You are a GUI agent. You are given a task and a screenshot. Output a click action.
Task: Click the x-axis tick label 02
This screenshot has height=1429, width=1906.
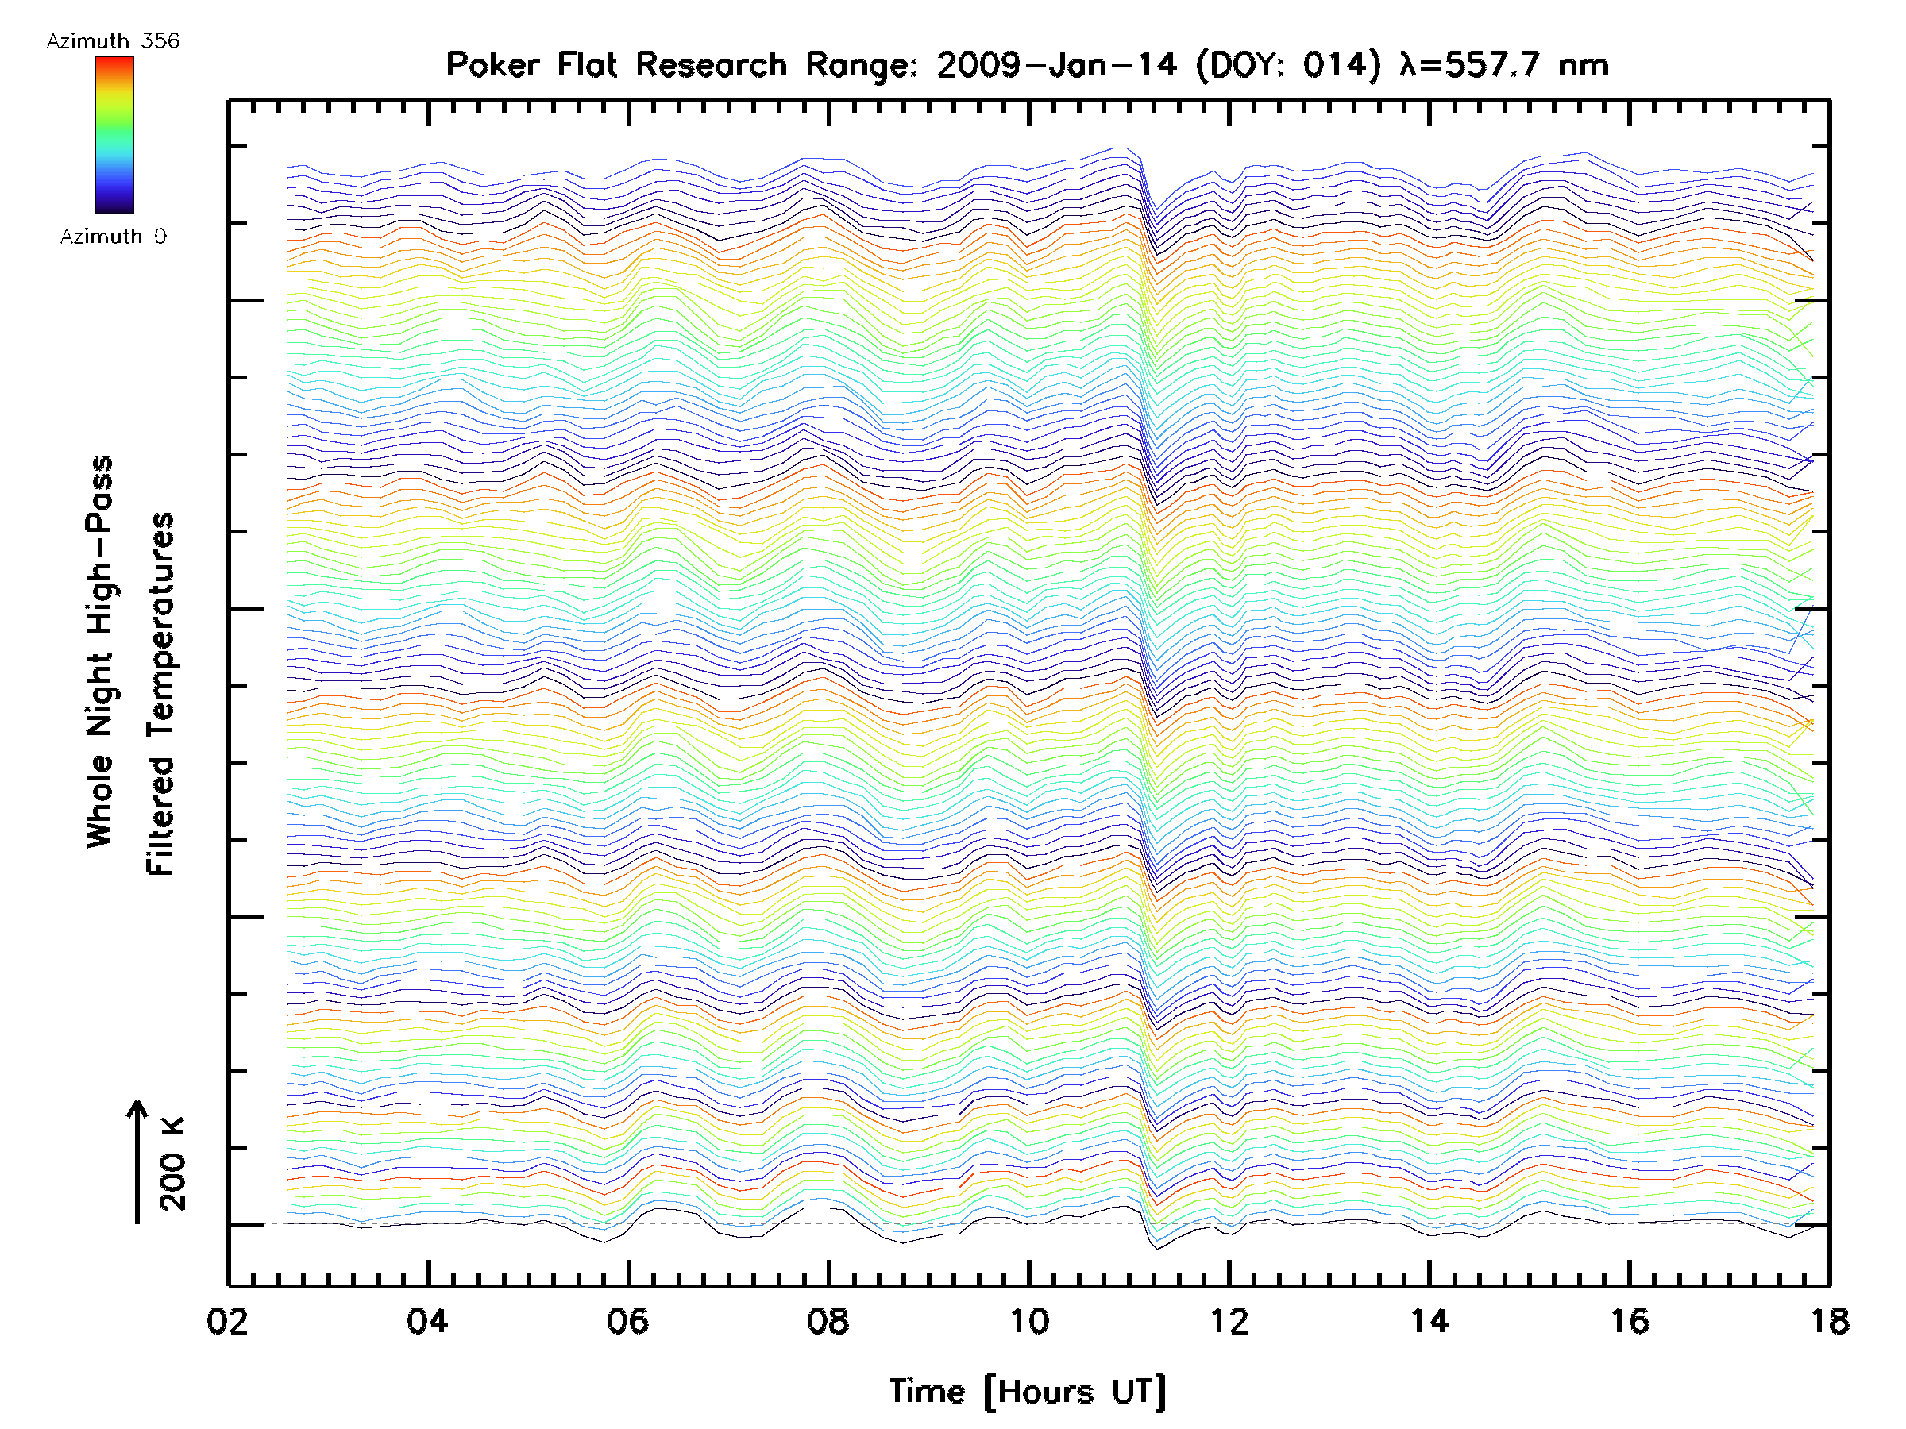point(227,1321)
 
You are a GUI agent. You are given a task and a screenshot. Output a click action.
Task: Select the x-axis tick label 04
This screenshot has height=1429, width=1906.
point(427,1321)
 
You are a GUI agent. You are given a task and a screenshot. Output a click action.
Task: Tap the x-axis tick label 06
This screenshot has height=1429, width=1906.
point(627,1321)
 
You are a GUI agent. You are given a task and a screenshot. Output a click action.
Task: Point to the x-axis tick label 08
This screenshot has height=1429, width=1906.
point(828,1321)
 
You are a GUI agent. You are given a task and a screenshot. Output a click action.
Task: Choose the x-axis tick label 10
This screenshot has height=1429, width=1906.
point(1028,1321)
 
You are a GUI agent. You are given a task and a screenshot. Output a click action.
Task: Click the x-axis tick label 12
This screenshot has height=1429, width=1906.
point(1229,1321)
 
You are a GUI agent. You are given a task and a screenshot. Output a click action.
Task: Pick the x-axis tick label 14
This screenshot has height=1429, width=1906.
point(1429,1321)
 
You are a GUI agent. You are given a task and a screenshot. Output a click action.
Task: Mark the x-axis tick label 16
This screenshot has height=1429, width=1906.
point(1630,1321)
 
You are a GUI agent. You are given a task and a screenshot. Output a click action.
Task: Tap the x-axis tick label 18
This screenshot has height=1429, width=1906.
point(1829,1321)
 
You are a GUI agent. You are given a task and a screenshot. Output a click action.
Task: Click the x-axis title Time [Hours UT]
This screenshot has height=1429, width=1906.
point(1027,1392)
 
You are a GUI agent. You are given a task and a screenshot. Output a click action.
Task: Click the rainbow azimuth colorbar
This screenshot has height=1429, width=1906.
point(114,135)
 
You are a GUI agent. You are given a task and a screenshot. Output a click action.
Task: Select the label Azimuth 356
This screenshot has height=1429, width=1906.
point(113,41)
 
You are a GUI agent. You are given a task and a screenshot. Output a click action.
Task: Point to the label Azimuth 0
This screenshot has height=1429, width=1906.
point(113,237)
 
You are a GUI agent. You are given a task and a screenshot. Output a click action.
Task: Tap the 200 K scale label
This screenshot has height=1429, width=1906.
point(172,1164)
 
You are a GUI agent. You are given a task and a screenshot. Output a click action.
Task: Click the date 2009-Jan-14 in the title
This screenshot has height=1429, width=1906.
point(1056,65)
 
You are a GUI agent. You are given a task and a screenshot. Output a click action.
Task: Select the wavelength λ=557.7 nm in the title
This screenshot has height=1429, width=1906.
point(1503,65)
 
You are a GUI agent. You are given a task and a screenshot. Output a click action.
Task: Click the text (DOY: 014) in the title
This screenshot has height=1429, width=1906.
point(1288,65)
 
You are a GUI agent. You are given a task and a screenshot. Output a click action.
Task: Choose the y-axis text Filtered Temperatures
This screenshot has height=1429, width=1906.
point(160,695)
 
